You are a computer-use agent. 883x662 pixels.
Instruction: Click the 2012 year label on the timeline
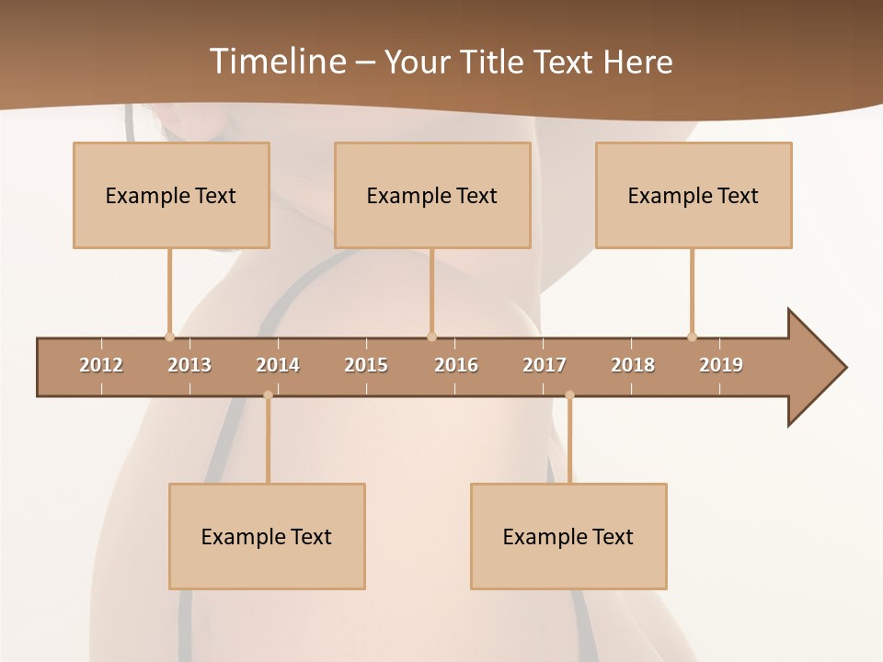coord(101,365)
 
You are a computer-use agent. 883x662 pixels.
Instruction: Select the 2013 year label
coord(189,365)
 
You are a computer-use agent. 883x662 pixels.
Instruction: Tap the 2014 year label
coord(278,365)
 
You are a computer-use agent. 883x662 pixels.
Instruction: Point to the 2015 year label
coord(366,365)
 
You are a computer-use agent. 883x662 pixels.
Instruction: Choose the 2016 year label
coord(456,365)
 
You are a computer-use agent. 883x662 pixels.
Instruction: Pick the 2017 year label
coord(545,365)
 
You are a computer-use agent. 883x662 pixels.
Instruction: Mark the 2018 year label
coord(633,365)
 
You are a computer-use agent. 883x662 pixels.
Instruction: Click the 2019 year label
coord(721,365)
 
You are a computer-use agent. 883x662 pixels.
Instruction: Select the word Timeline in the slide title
coord(278,62)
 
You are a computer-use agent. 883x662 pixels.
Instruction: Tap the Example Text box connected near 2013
coord(171,195)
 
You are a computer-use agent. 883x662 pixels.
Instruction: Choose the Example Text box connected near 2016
coord(432,195)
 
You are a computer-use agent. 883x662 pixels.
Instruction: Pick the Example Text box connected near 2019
coord(694,195)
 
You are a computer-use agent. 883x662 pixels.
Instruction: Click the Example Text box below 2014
coord(267,536)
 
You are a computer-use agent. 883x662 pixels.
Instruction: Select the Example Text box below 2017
coord(568,536)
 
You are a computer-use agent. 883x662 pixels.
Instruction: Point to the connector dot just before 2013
coord(169,337)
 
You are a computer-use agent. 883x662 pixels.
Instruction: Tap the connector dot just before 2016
coord(431,337)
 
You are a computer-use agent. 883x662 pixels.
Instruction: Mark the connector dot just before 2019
coord(692,337)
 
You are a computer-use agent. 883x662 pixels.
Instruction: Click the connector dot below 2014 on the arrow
coord(268,395)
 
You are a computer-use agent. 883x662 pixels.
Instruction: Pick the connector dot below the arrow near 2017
coord(569,395)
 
